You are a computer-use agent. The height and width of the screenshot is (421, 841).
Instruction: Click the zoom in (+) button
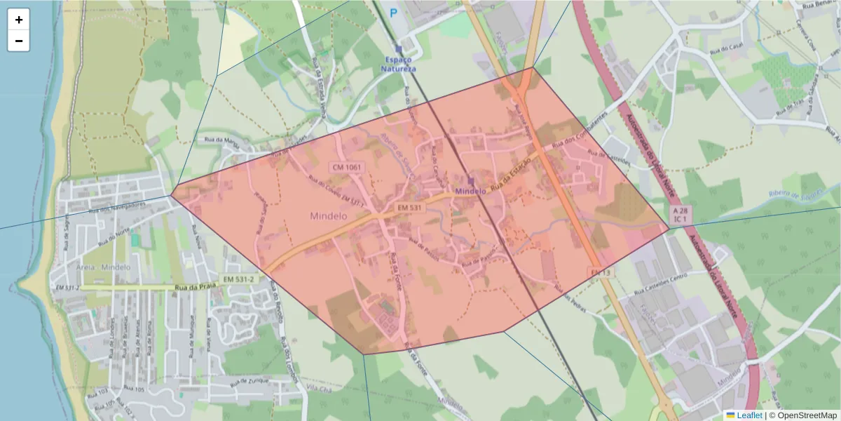(x=19, y=20)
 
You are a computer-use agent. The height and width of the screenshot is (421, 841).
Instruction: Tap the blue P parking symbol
(x=393, y=12)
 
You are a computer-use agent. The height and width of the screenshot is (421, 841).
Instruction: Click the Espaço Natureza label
(x=398, y=65)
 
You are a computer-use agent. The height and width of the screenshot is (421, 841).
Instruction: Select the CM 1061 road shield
(x=348, y=167)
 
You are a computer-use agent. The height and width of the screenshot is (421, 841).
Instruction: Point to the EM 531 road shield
(x=410, y=208)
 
